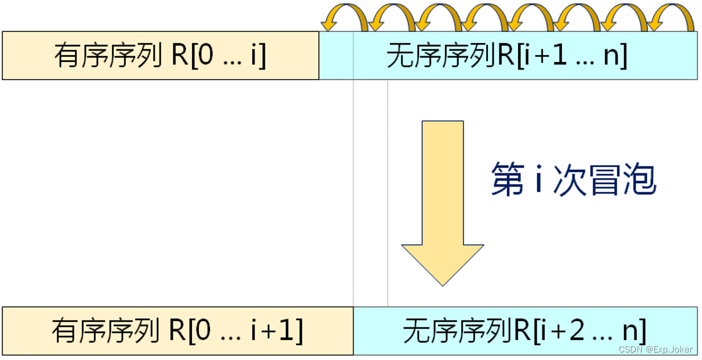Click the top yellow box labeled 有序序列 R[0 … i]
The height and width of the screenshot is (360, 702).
pos(160,56)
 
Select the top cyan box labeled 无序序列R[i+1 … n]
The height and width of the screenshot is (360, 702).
pos(508,56)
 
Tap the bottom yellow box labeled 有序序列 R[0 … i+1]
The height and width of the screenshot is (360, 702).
pos(178,331)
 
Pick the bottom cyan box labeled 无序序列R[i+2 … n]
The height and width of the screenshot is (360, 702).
pos(525,331)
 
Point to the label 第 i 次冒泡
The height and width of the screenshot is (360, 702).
pos(573,179)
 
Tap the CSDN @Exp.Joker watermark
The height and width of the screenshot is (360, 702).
pos(655,349)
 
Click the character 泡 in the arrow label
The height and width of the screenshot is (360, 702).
pos(638,179)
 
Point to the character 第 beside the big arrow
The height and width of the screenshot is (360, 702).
pos(507,179)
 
